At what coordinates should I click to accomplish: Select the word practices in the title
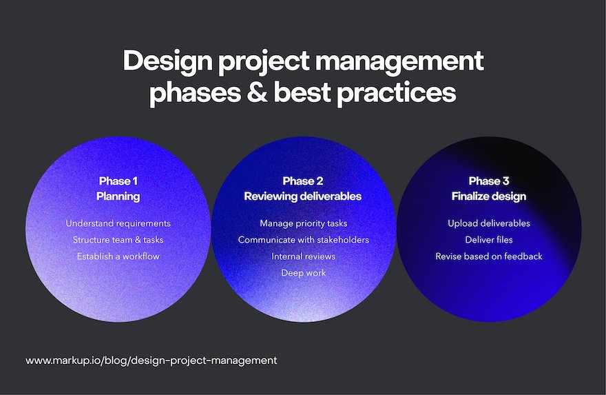397,94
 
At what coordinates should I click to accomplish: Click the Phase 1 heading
118,181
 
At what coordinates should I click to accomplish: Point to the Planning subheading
118,196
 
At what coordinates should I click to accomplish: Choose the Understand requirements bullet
118,223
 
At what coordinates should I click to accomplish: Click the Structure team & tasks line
118,240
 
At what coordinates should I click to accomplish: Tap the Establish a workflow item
118,256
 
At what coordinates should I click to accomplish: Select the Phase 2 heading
303,181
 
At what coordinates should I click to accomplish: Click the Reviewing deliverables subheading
303,196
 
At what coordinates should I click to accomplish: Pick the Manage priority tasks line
304,223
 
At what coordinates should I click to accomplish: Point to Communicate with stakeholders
304,240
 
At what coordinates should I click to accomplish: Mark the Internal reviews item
304,256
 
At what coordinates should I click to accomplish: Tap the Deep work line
304,273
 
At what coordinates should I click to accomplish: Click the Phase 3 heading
489,181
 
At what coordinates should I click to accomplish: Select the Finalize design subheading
489,196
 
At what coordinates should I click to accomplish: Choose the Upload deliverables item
489,223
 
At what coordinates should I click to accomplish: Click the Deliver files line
489,240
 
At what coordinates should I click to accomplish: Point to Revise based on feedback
489,256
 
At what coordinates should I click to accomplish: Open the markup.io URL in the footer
151,361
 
